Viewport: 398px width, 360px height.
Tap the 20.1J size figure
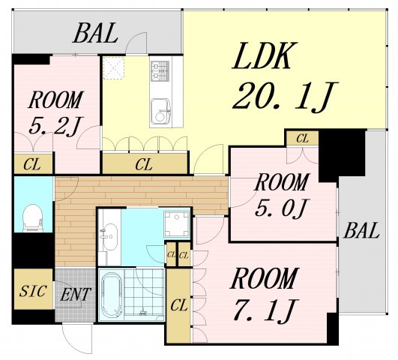click(284, 97)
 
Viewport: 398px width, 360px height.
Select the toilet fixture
click(33, 218)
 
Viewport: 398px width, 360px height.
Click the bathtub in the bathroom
click(112, 295)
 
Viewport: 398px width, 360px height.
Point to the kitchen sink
click(160, 110)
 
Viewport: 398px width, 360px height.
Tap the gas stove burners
click(160, 71)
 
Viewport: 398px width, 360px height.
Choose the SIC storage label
click(33, 291)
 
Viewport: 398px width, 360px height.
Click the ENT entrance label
click(75, 295)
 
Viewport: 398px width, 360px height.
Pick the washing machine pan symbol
click(176, 224)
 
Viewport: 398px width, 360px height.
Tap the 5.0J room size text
click(282, 207)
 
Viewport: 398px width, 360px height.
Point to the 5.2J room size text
click(55, 126)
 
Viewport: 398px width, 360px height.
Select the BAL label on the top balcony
click(96, 33)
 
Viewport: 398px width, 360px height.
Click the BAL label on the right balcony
click(361, 230)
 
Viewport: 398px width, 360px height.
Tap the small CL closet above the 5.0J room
click(302, 139)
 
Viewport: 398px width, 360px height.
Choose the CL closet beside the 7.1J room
click(179, 305)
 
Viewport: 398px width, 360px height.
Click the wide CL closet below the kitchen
click(145, 163)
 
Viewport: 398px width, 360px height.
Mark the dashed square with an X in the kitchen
click(114, 67)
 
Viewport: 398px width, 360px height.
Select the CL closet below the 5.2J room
click(33, 164)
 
